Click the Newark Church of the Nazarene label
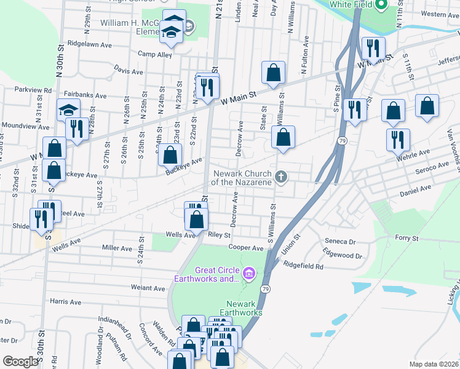click(242, 177)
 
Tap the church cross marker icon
click(282, 178)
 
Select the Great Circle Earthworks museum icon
click(248, 272)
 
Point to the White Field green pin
click(381, 5)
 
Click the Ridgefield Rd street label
click(303, 266)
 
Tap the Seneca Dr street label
click(341, 242)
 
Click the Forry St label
click(406, 238)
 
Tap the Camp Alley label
click(155, 54)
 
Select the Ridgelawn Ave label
click(90, 45)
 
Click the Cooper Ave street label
click(245, 248)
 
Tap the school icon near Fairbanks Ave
click(69, 109)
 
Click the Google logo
click(20, 361)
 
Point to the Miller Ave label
click(117, 248)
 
